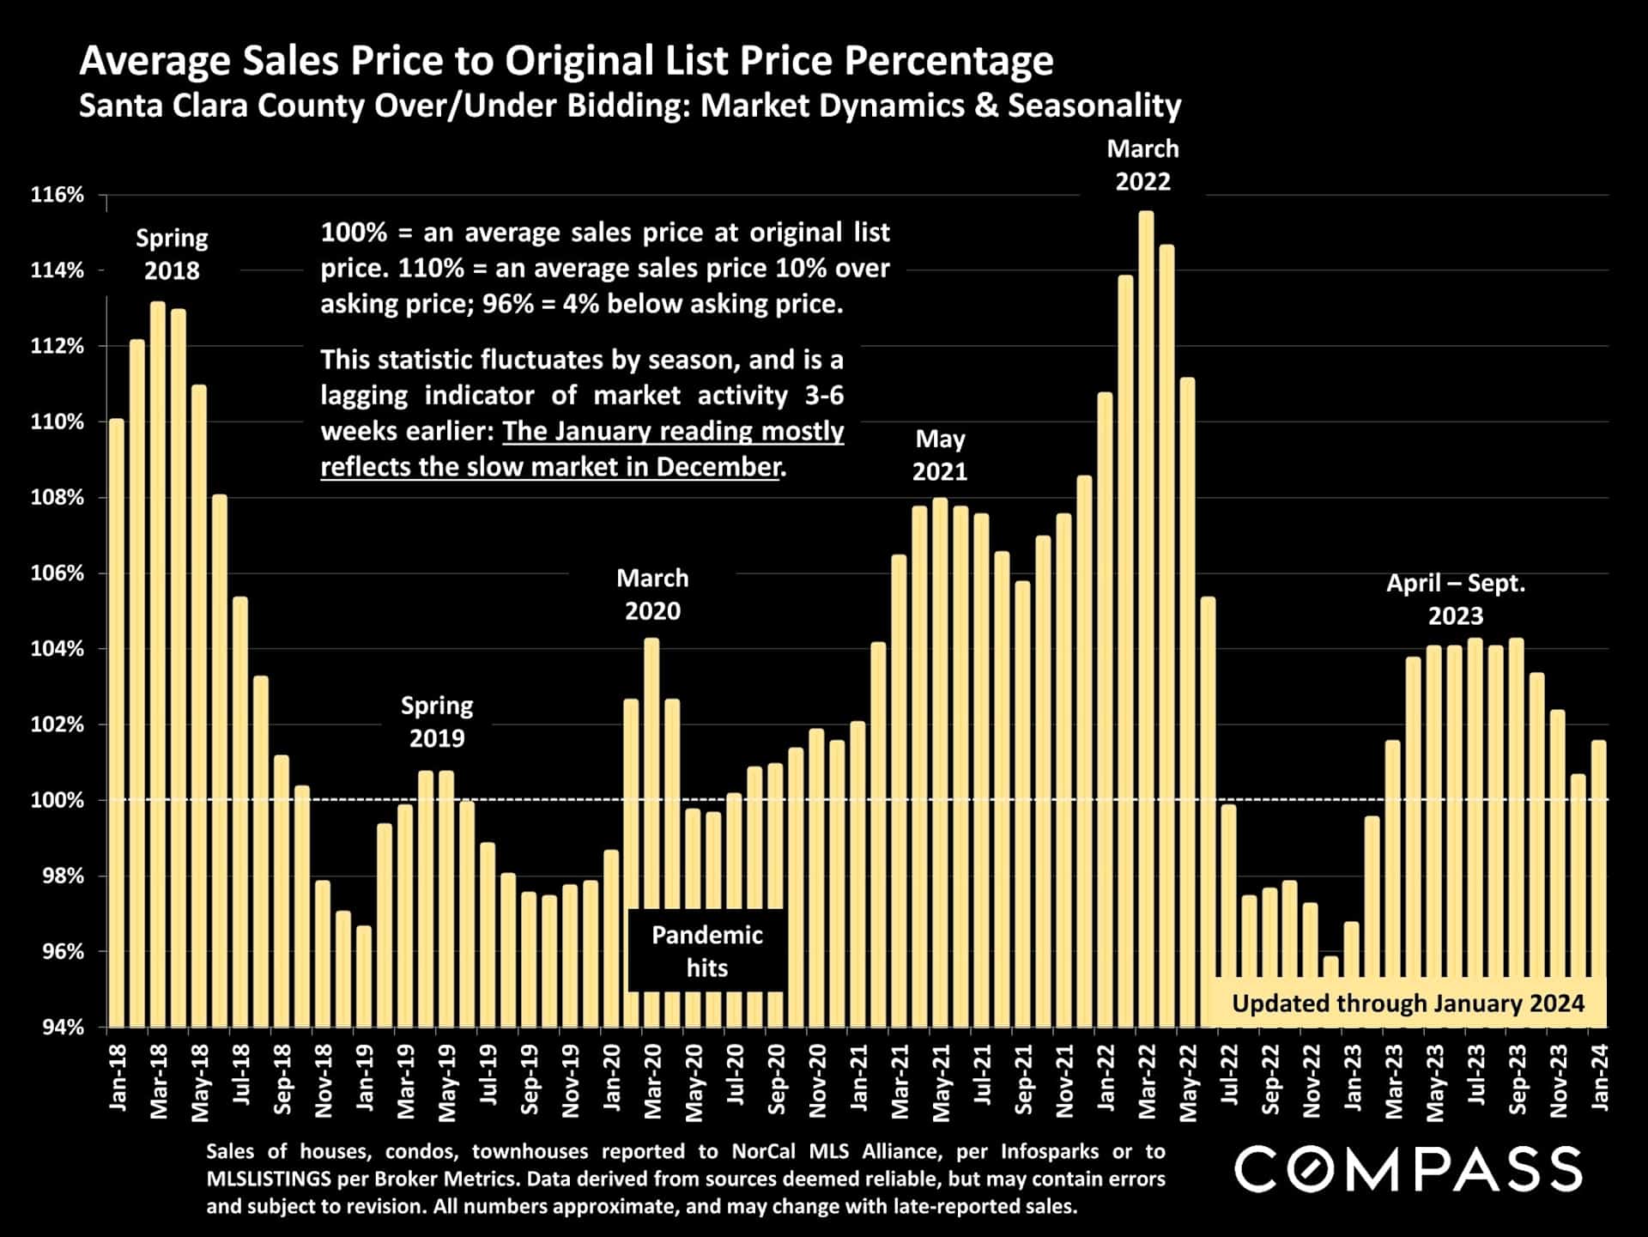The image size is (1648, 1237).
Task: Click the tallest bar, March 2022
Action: click(x=1146, y=618)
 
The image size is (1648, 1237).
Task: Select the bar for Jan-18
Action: click(x=117, y=721)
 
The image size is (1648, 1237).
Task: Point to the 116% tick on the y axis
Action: click(x=58, y=195)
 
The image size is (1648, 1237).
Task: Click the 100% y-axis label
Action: click(x=58, y=800)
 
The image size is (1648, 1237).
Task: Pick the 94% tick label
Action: click(x=63, y=1027)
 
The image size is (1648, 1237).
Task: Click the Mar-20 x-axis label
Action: click(x=652, y=1082)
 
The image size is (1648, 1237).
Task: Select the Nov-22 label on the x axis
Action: click(x=1311, y=1082)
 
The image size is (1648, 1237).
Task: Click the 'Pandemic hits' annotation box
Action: click(x=706, y=950)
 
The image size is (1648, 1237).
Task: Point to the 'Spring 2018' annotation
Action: click(x=172, y=254)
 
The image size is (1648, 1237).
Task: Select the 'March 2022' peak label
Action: click(x=1142, y=165)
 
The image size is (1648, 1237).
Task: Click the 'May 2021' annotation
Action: click(x=940, y=455)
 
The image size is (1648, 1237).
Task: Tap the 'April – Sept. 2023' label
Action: click(x=1456, y=599)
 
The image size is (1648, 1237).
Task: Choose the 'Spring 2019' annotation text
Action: click(x=437, y=721)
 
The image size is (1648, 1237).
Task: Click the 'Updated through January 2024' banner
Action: click(x=1408, y=1003)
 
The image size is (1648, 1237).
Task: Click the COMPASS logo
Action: click(x=1408, y=1169)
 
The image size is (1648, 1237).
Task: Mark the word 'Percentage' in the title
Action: click(x=948, y=61)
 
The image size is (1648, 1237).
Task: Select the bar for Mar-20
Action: click(x=651, y=833)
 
